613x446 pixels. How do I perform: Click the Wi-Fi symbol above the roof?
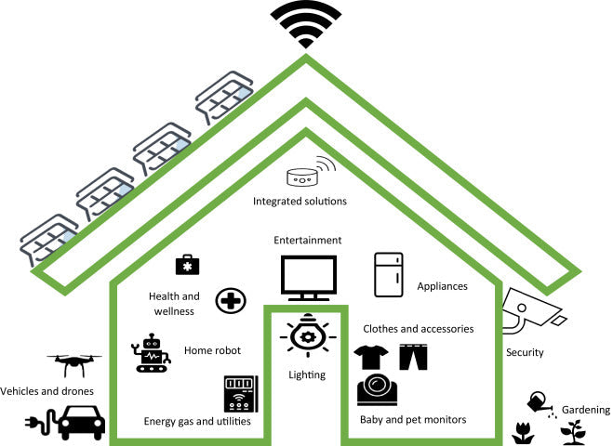click(306, 26)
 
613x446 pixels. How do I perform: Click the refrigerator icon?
click(389, 274)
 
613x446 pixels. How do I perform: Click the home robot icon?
click(152, 353)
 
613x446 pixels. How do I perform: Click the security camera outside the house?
click(530, 311)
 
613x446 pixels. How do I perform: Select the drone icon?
click(72, 362)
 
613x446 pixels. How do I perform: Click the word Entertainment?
click(307, 241)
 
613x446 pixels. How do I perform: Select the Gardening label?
click(585, 410)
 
